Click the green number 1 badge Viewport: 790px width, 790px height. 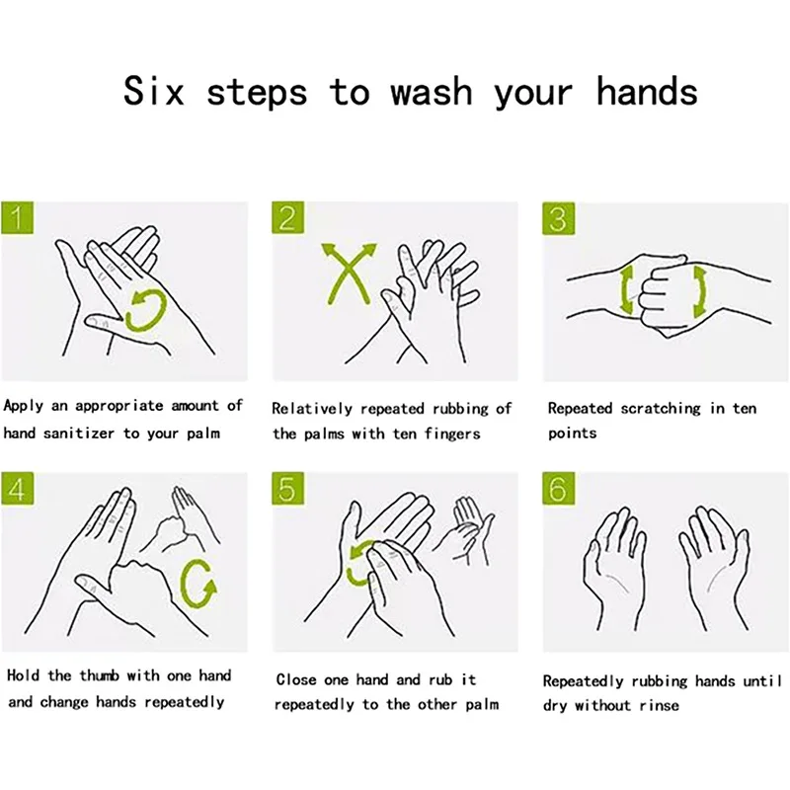tap(17, 217)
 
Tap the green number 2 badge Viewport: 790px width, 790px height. tap(287, 217)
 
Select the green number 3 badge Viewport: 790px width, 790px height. tap(558, 218)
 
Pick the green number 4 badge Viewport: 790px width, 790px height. tap(17, 488)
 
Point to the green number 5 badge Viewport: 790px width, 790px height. tap(287, 488)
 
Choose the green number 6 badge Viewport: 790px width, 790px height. tap(558, 488)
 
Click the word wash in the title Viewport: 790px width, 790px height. tap(432, 92)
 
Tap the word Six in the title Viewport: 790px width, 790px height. tap(154, 91)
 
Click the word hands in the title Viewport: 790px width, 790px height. tap(647, 91)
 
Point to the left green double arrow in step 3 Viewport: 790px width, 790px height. tap(626, 290)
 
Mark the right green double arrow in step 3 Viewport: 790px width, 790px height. tap(700, 291)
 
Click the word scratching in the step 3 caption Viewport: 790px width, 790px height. tap(661, 408)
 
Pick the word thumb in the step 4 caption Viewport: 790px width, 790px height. tap(100, 675)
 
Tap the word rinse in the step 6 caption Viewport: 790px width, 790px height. tap(659, 705)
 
